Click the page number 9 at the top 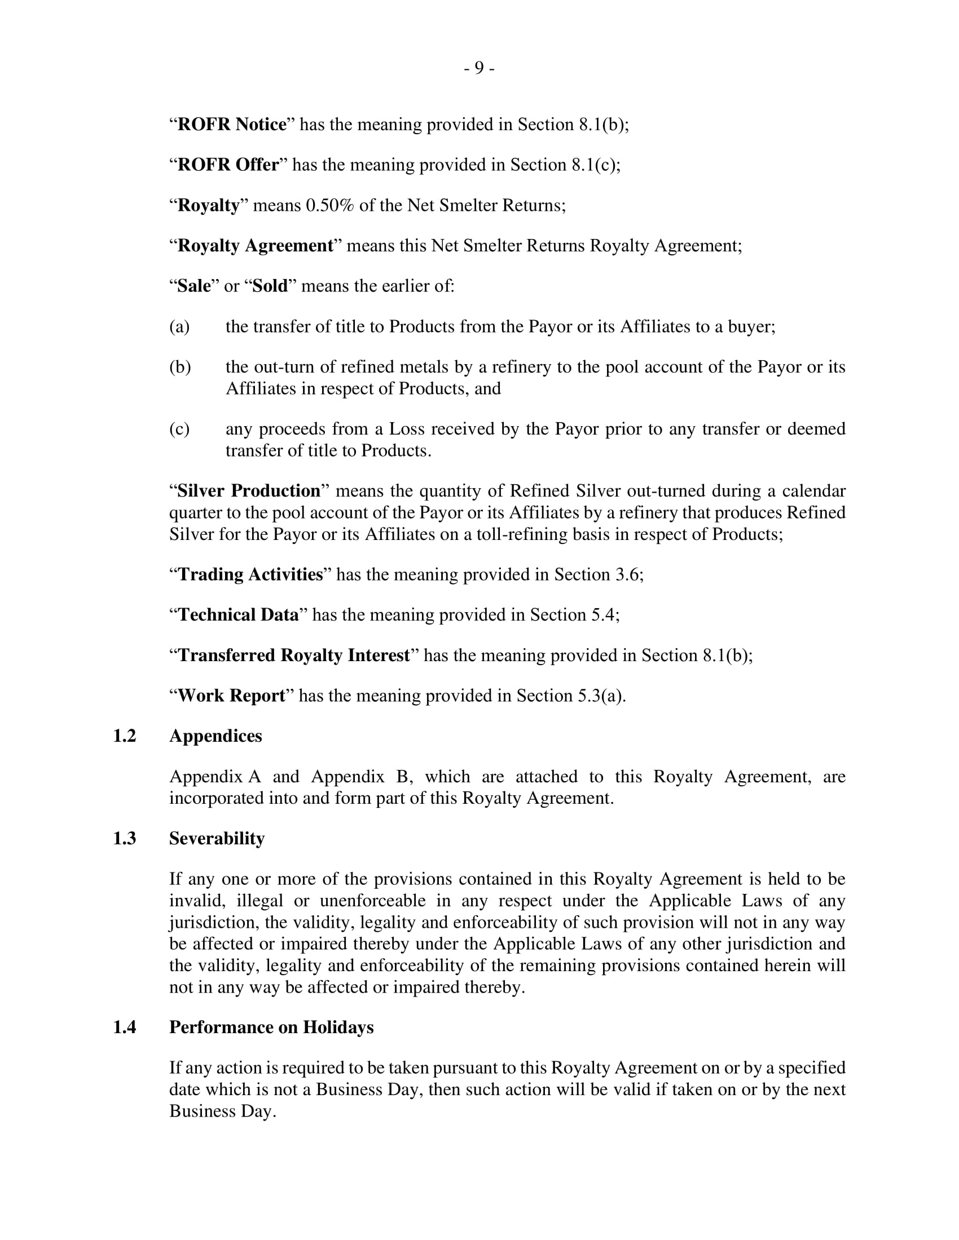click(x=479, y=68)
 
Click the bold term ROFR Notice click(x=232, y=125)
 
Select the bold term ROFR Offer click(x=228, y=165)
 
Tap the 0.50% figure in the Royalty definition click(x=329, y=205)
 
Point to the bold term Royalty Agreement click(x=255, y=245)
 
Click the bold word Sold click(x=270, y=286)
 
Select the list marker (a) click(x=179, y=326)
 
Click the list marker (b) click(x=180, y=367)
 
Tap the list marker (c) click(x=179, y=429)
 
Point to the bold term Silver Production click(x=249, y=490)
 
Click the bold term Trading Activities click(x=250, y=574)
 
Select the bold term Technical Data click(x=238, y=615)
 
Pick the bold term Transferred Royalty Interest click(x=294, y=655)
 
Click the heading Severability click(x=217, y=839)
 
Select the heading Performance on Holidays click(x=271, y=1027)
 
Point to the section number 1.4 click(x=125, y=1027)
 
